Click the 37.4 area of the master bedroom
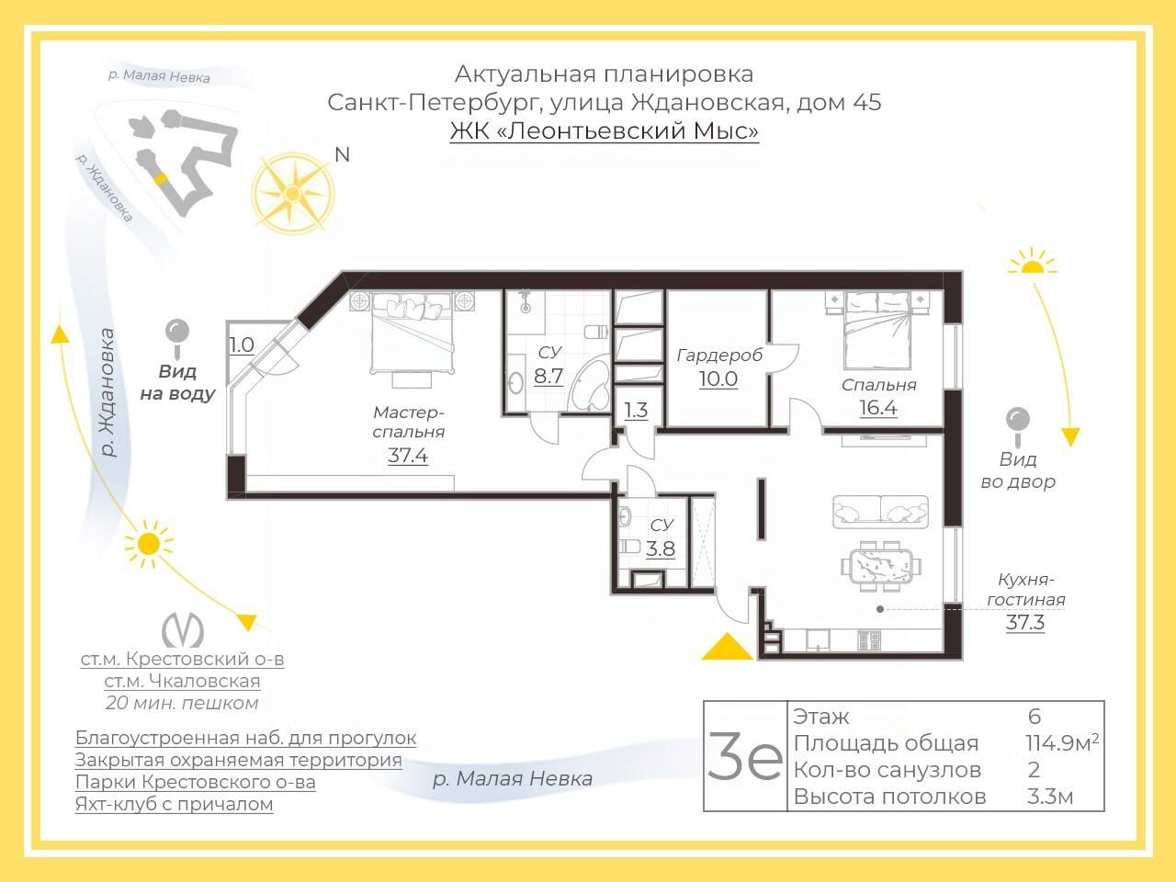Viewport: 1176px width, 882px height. click(x=408, y=456)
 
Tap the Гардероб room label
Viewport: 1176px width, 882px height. click(x=719, y=356)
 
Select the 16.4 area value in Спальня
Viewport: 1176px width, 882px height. click(x=878, y=408)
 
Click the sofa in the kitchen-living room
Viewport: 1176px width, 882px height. click(x=881, y=511)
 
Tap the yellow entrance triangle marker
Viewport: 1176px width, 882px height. click(x=727, y=647)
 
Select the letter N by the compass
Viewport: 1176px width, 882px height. click(x=342, y=154)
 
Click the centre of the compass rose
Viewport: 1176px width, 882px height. click(x=292, y=193)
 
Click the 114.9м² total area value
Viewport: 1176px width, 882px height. click(x=1061, y=742)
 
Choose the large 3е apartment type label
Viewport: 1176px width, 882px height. click(x=745, y=755)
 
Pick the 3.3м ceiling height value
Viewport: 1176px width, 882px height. click(x=1049, y=797)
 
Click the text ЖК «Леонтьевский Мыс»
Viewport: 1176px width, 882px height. click(x=604, y=130)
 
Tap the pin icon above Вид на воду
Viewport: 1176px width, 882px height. click(x=177, y=338)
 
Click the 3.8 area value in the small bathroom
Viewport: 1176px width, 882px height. click(x=660, y=548)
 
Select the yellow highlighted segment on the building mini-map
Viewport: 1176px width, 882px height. click(x=160, y=178)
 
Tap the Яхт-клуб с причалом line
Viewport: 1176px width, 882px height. click(x=175, y=804)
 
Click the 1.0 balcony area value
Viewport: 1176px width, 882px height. click(x=242, y=345)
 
